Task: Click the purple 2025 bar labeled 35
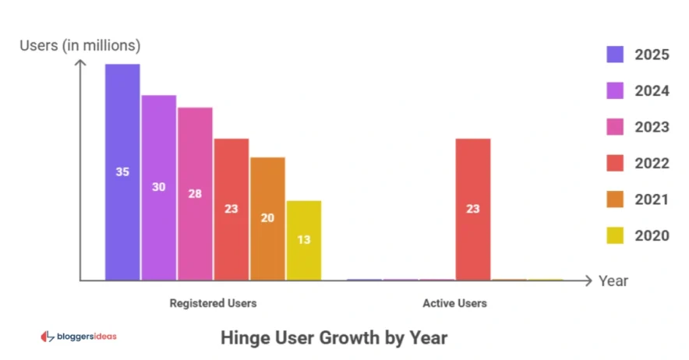(122, 171)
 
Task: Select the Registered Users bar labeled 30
(158, 187)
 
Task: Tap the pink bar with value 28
(194, 193)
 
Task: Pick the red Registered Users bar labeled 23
(231, 209)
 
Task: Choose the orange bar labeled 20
(267, 218)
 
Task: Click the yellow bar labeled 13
(303, 240)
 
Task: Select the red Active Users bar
(472, 209)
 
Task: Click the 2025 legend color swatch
(615, 55)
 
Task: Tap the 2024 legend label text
(652, 91)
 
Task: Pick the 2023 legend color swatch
(615, 127)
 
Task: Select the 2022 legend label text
(652, 164)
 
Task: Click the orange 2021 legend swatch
(615, 199)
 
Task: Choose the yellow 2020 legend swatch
(615, 235)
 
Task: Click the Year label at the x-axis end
(613, 281)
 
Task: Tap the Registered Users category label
(213, 303)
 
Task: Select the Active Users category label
(454, 303)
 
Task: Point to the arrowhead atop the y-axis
(79, 62)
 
